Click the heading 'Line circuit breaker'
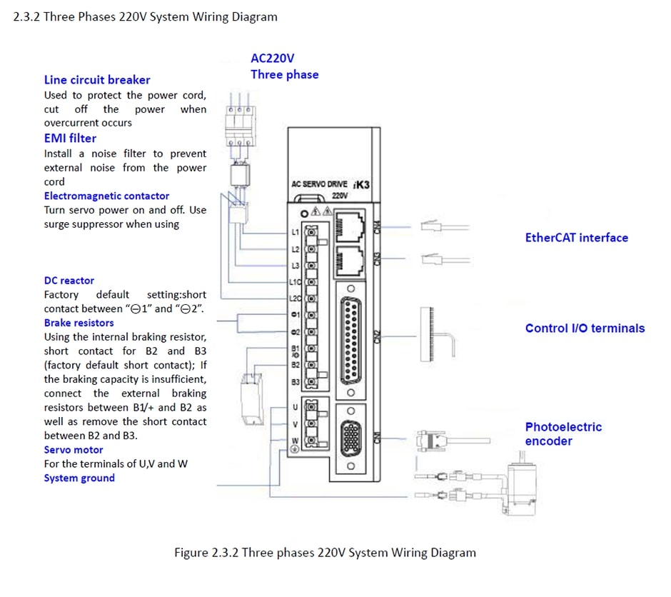(x=97, y=80)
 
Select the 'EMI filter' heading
(x=70, y=138)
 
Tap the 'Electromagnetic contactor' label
(x=106, y=196)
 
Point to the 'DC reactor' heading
(x=69, y=281)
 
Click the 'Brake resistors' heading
(x=79, y=323)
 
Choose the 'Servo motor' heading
(x=74, y=450)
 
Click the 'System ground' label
(x=79, y=478)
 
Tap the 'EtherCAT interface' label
(x=576, y=238)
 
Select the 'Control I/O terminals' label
(x=585, y=328)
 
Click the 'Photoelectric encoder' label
(x=563, y=434)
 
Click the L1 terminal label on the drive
(x=295, y=233)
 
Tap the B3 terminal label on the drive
(x=295, y=382)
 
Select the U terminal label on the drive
(x=295, y=407)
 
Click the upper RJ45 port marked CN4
(x=350, y=225)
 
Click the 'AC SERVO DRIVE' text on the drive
(x=319, y=184)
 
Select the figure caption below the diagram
(x=325, y=553)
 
